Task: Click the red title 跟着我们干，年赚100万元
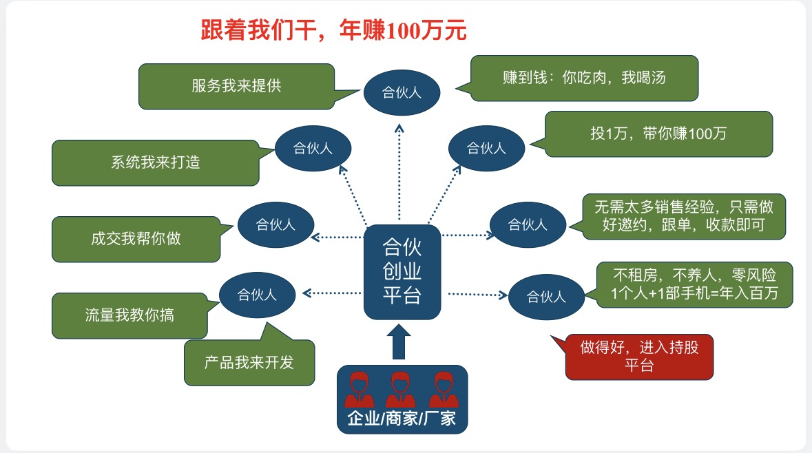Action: pyautogui.click(x=334, y=31)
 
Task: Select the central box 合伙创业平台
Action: pyautogui.click(x=402, y=272)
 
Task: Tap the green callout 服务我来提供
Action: pyautogui.click(x=236, y=87)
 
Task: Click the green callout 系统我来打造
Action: pyautogui.click(x=156, y=163)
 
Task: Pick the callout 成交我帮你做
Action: pyautogui.click(x=136, y=239)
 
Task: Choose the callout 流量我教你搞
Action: pyautogui.click(x=129, y=316)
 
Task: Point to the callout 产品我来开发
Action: pyautogui.click(x=249, y=362)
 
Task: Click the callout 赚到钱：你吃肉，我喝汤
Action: pyautogui.click(x=584, y=78)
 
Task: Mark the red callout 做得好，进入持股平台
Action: pyautogui.click(x=638, y=357)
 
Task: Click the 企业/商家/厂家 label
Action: pyautogui.click(x=402, y=418)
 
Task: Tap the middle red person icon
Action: pyautogui.click(x=402, y=390)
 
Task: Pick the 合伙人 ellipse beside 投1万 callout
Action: pyautogui.click(x=486, y=148)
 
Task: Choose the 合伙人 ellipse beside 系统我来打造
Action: pyautogui.click(x=313, y=148)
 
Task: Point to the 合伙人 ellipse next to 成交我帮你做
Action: pyautogui.click(x=276, y=224)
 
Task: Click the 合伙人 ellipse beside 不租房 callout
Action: pyautogui.click(x=546, y=297)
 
